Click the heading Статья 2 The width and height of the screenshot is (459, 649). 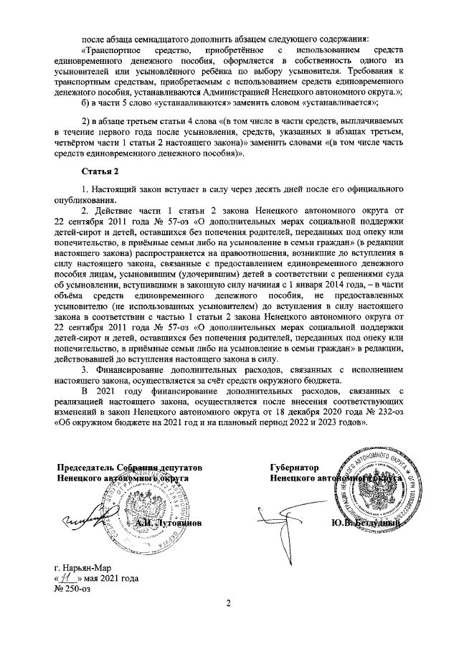coord(97,173)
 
